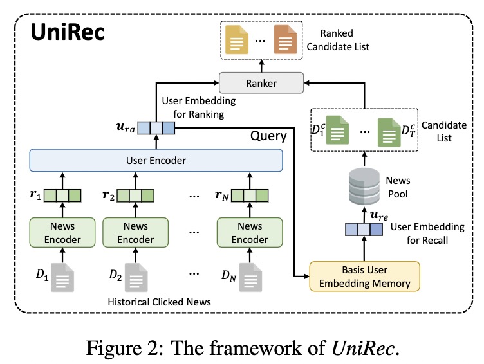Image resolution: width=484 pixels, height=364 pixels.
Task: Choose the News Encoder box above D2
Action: point(136,232)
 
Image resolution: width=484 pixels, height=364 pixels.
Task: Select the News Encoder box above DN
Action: point(250,232)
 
